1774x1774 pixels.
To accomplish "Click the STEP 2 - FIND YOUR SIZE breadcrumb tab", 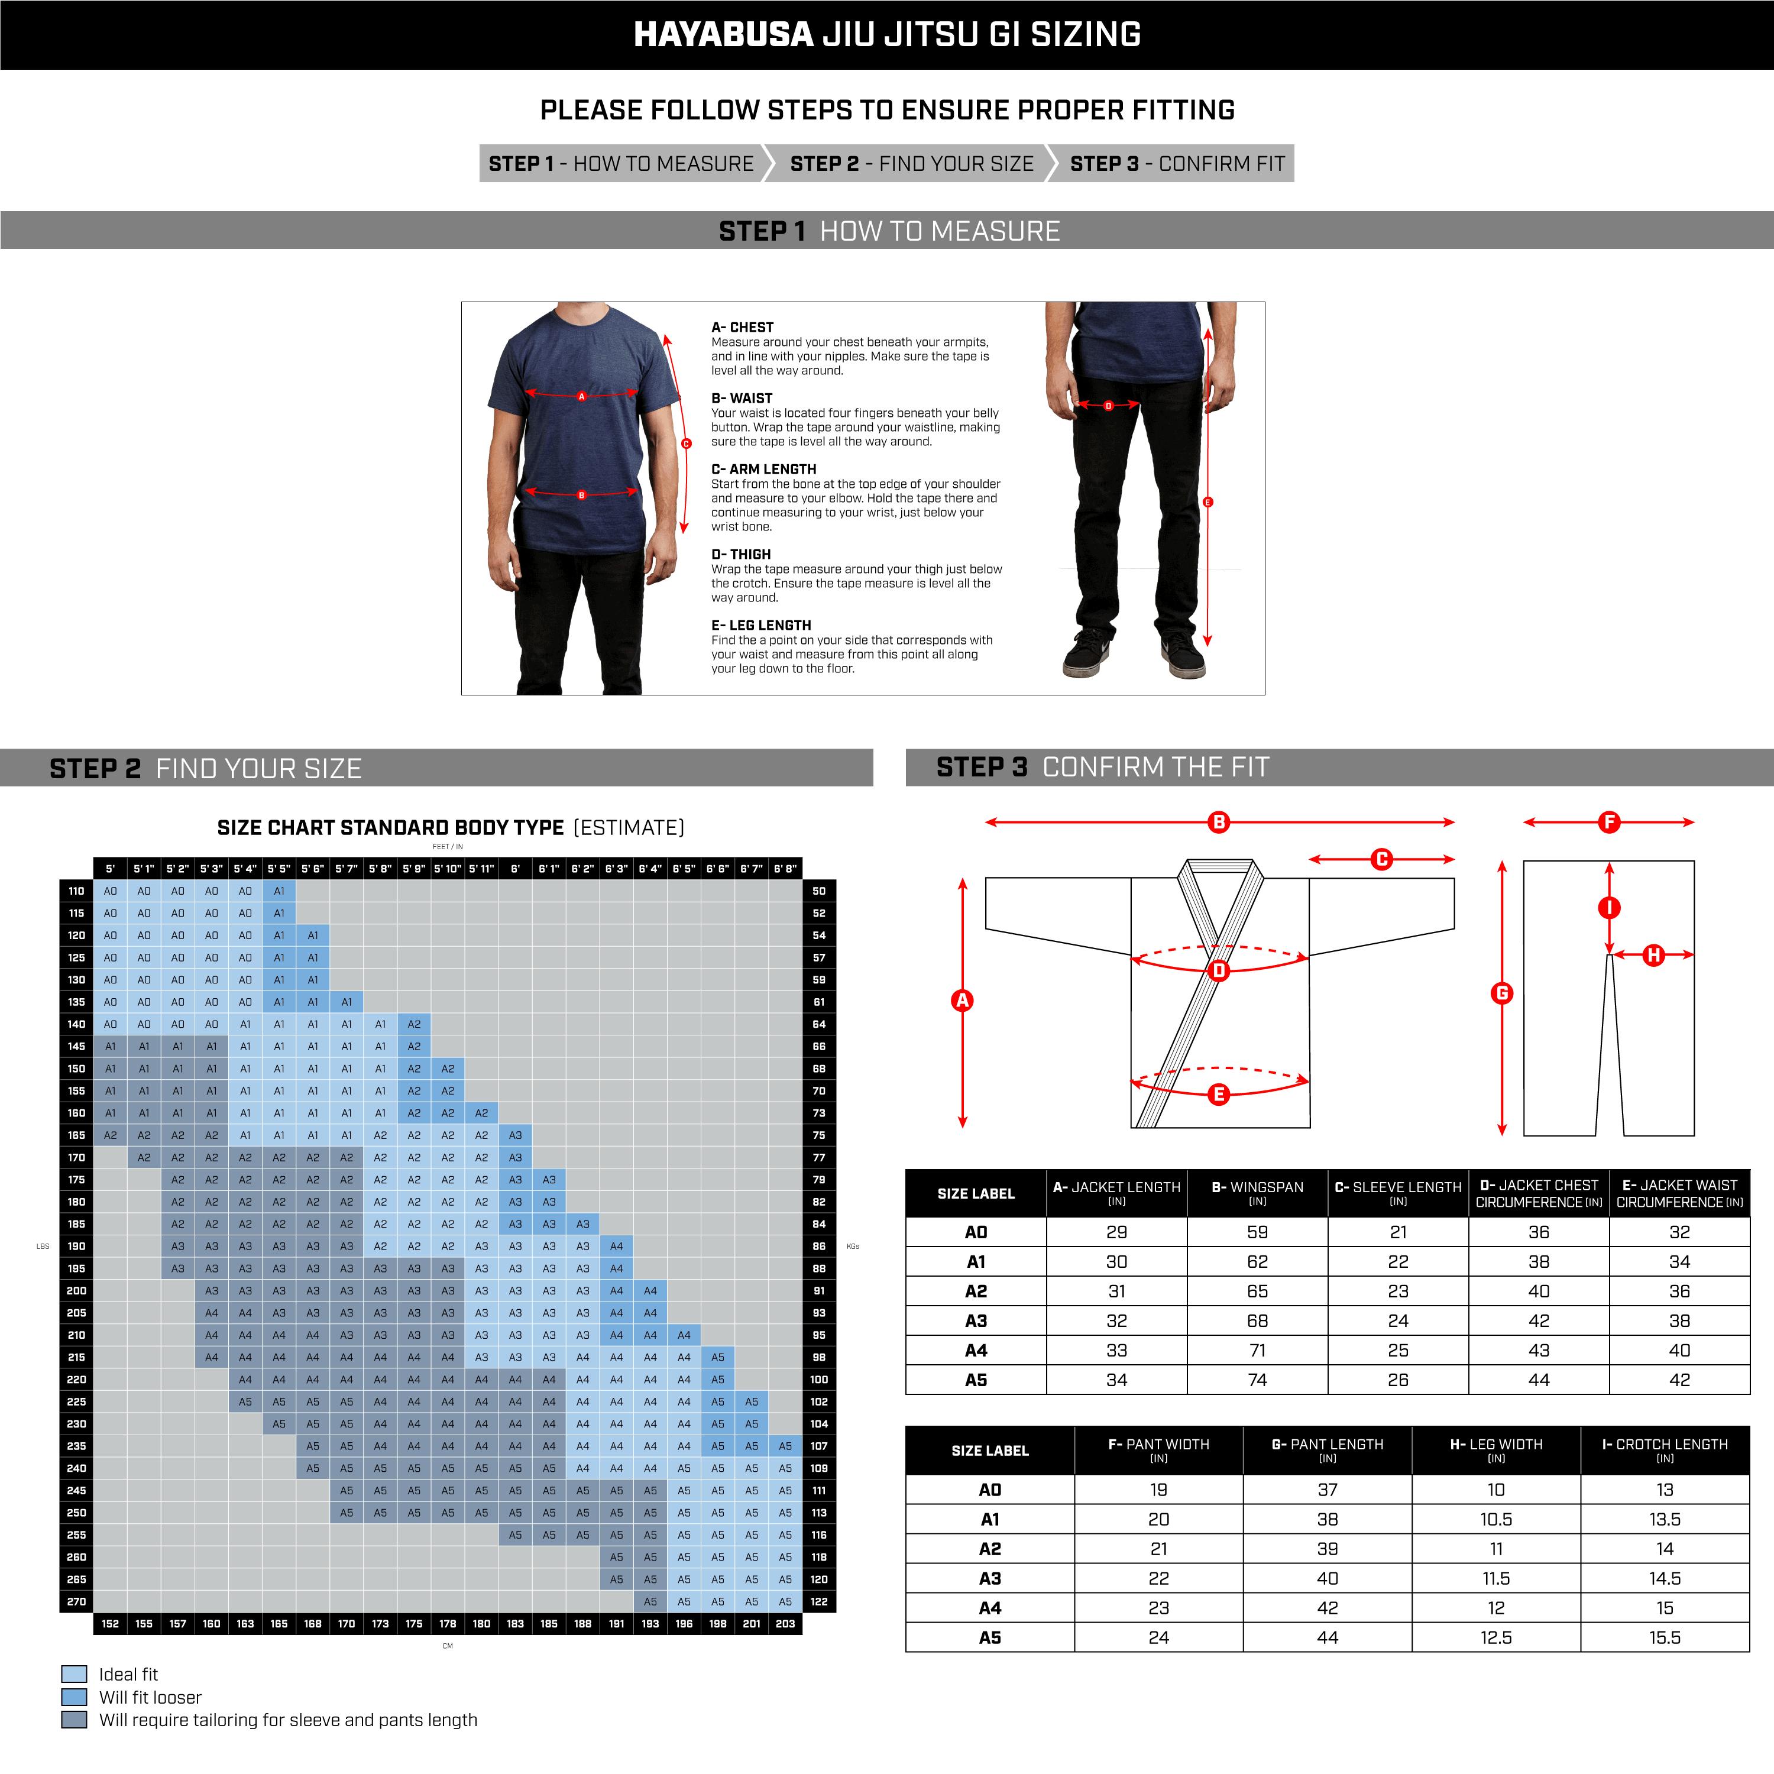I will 911,163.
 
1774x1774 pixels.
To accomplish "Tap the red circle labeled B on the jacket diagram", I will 1219,822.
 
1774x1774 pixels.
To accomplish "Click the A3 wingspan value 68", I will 1257,1320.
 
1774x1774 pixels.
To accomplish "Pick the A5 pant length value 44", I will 1327,1637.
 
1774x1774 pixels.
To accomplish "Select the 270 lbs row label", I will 76,1601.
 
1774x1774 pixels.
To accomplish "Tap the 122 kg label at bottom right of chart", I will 819,1601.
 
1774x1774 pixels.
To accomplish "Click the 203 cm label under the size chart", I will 785,1623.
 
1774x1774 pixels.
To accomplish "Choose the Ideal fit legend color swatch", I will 75,1674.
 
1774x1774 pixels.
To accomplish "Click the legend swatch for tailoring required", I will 75,1720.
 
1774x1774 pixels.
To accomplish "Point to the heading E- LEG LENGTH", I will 760,625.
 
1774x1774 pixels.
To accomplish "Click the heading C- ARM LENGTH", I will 763,469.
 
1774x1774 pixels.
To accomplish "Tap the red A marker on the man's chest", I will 581,397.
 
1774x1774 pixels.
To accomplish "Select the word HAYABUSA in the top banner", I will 723,35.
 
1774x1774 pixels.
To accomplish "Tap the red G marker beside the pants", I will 1501,993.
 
